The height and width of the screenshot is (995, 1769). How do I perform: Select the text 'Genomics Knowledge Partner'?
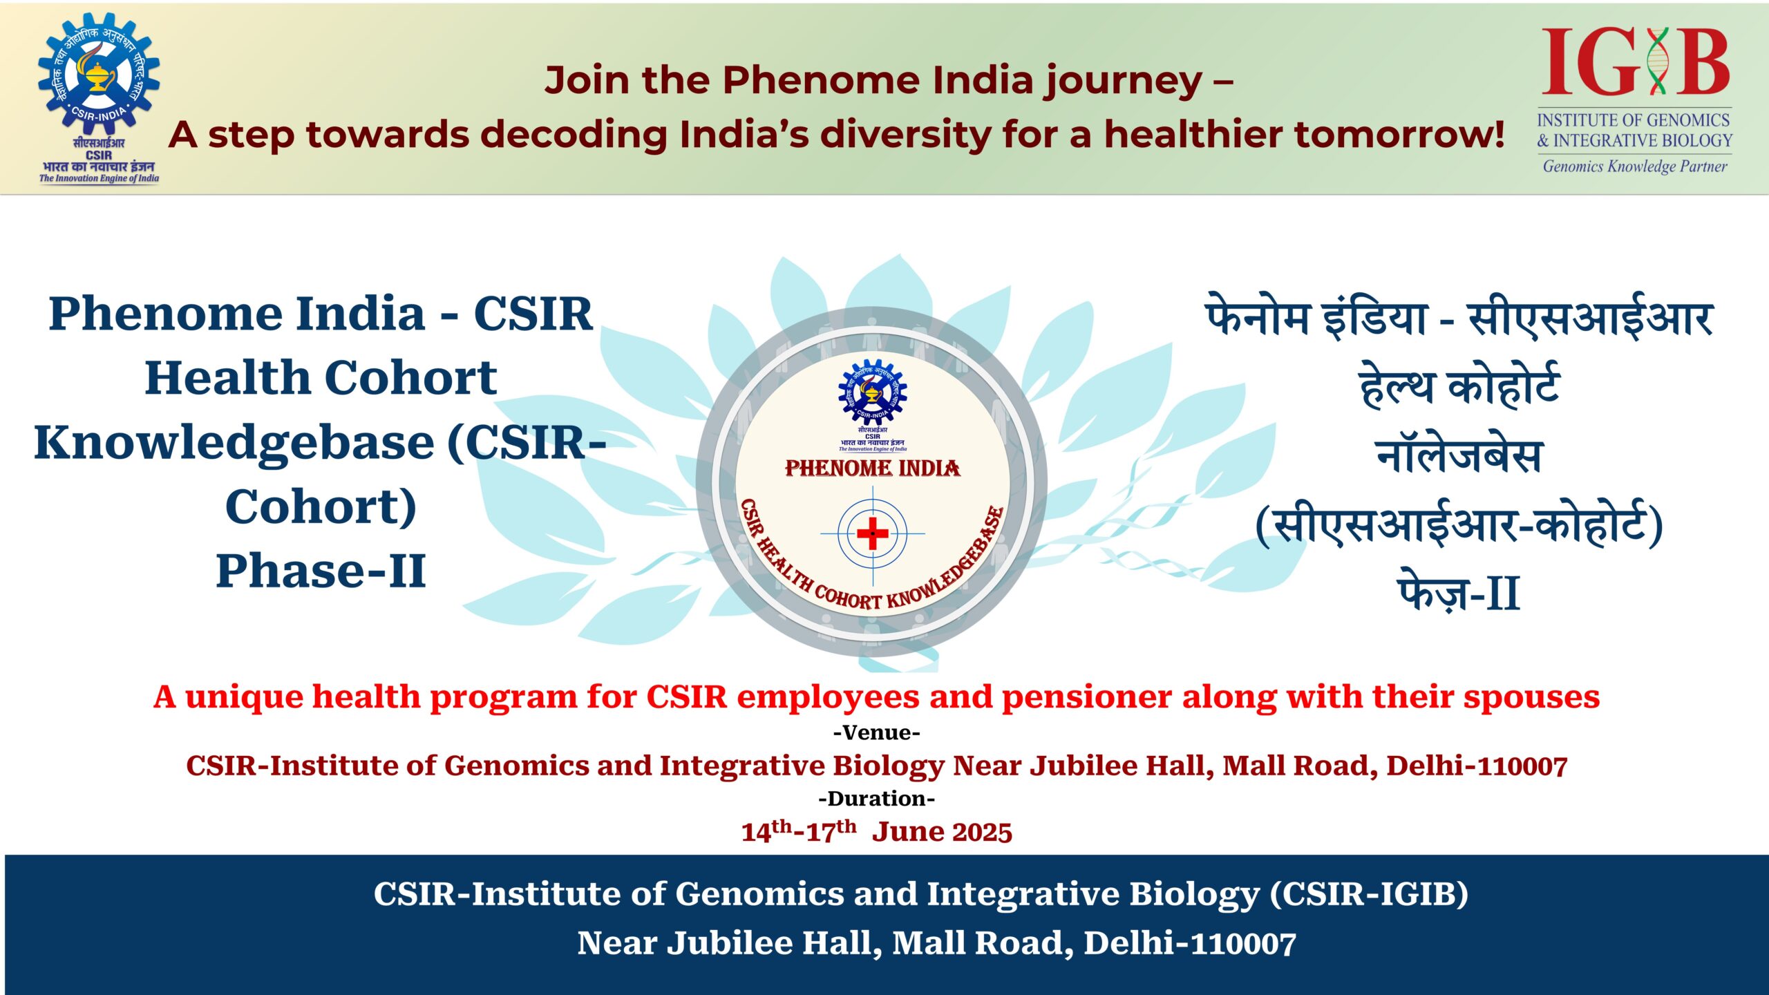[1635, 166]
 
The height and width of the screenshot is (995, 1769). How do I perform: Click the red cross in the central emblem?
[873, 533]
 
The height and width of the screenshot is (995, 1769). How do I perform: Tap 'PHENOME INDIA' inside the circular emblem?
[873, 468]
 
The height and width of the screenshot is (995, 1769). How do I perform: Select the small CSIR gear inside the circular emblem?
[873, 392]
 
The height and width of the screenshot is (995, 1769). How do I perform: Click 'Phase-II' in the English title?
[321, 571]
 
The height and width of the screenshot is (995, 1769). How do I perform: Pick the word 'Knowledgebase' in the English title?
[234, 443]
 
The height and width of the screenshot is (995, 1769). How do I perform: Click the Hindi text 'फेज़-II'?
[1459, 591]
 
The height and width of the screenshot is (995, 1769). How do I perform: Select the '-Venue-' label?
[877, 732]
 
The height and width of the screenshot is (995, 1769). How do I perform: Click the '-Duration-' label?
[877, 799]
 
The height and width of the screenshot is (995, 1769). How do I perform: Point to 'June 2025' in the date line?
[942, 832]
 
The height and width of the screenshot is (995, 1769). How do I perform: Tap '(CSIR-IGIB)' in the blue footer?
[1369, 893]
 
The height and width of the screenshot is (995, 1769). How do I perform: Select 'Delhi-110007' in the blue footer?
[1189, 943]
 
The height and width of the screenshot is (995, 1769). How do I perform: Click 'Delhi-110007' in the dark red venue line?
[1477, 766]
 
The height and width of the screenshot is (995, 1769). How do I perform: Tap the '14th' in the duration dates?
[766, 831]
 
